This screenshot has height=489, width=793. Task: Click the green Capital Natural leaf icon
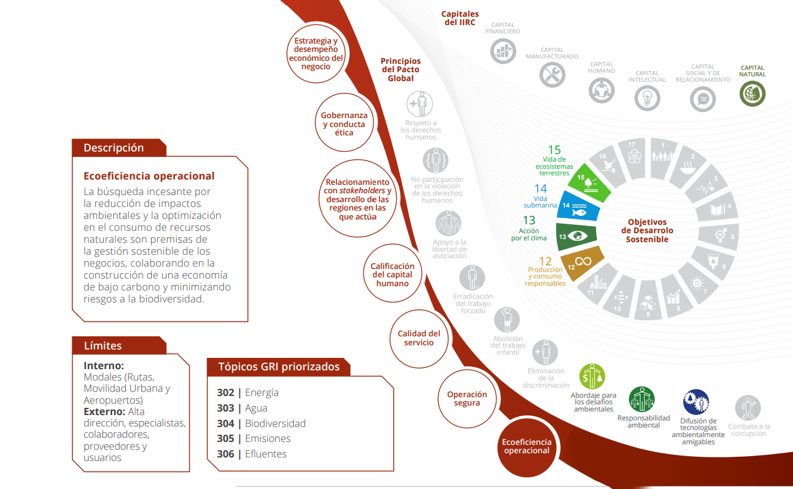[x=752, y=94]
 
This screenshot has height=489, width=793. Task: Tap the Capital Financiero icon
[x=502, y=51]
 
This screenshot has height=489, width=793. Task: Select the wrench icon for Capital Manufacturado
[x=552, y=75]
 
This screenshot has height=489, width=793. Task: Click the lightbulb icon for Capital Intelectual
[x=647, y=97]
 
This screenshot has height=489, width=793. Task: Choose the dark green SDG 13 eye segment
[x=576, y=236]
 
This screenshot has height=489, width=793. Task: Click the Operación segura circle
[x=467, y=398]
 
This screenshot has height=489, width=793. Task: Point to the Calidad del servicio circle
[x=419, y=338]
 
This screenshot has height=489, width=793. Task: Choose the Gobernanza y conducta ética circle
[x=344, y=123]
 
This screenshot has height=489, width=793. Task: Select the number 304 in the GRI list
[x=226, y=423]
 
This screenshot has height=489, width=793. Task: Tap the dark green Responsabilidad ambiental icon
[x=641, y=400]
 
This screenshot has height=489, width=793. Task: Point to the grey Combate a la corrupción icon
[x=748, y=408]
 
